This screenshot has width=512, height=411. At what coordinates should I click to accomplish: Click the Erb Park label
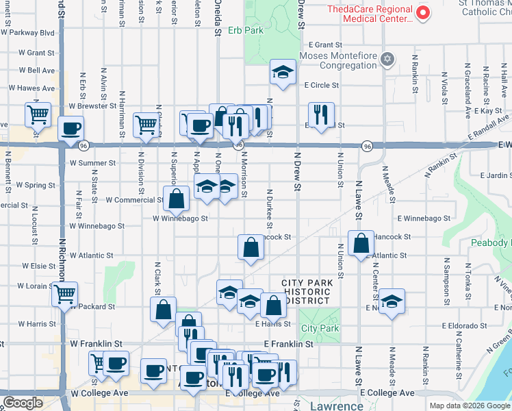coord(235,30)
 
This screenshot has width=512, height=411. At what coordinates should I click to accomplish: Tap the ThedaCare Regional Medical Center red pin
coord(423,12)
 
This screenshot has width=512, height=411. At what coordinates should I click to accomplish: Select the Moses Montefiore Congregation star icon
coord(388,58)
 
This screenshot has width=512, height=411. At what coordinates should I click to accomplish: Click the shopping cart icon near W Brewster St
coord(38,114)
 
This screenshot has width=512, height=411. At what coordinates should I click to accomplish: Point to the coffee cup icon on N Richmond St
coord(71,127)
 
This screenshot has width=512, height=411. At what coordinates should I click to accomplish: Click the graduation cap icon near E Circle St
coord(282,72)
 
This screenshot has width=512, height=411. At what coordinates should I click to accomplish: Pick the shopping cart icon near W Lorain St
coord(65,295)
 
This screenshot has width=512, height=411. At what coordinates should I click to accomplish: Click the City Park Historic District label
coord(307,292)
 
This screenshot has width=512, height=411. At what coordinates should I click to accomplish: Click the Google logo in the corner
coord(23,403)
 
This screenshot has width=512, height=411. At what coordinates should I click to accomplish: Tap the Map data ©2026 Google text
coord(470,406)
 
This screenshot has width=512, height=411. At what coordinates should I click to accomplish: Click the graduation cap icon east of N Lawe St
coord(391,301)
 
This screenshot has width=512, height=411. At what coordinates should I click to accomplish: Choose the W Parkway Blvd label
coord(27,32)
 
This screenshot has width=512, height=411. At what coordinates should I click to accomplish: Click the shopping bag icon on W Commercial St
coord(177,199)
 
